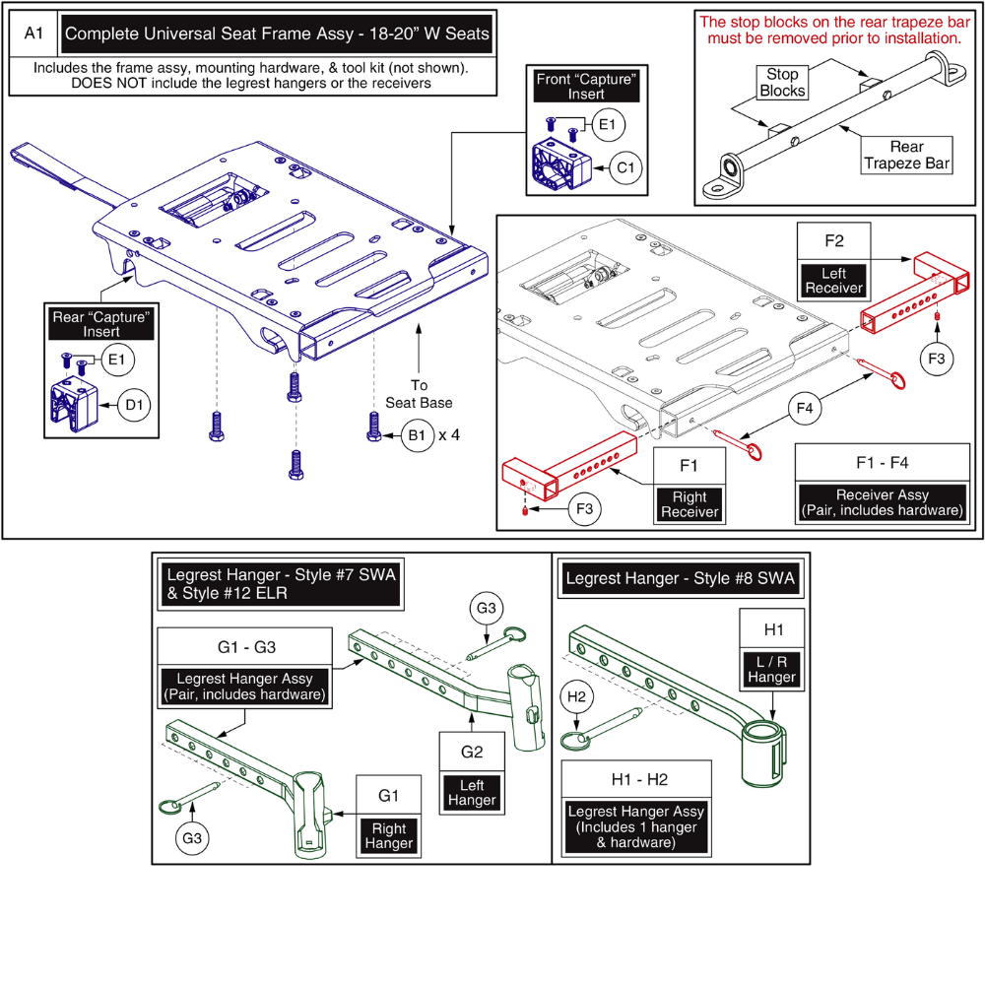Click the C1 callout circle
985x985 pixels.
(x=624, y=166)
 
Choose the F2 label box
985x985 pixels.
(x=833, y=239)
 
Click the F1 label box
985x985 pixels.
(x=690, y=462)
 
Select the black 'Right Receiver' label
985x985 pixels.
(x=690, y=504)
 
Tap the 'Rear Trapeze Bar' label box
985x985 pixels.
(x=907, y=153)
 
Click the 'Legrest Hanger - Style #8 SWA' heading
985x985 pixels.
(x=680, y=578)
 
